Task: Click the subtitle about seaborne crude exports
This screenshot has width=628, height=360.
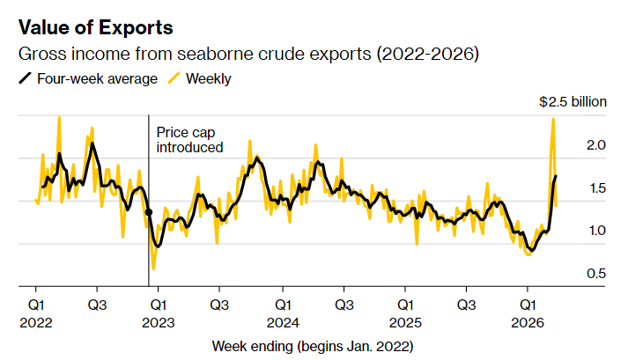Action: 249,55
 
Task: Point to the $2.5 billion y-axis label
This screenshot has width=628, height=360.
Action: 573,102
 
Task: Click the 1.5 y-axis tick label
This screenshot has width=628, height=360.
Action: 595,188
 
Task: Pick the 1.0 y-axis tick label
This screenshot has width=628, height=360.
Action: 595,231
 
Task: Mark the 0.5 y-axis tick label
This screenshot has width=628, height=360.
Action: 595,274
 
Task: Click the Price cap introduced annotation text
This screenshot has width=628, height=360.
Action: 189,140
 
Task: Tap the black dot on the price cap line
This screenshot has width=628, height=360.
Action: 148,212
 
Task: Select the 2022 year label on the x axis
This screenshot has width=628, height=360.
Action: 35,321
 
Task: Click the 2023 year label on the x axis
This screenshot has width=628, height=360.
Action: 158,321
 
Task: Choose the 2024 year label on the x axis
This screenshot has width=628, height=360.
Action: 281,321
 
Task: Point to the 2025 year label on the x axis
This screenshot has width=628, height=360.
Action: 404,321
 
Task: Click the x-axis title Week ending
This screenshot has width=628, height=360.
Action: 313,345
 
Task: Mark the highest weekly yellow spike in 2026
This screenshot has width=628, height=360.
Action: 552,120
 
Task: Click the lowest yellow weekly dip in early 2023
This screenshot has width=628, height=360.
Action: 153,268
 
